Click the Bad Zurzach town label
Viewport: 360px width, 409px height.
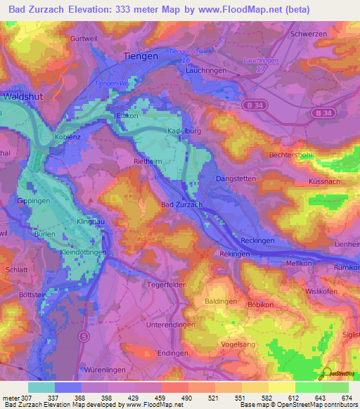tap(182, 204)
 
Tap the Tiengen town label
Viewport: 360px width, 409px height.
tap(139, 56)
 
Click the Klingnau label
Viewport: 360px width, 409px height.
tap(90, 221)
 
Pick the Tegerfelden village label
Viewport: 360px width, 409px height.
tap(166, 285)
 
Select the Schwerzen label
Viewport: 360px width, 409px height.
tap(309, 33)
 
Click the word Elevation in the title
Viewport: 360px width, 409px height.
tap(103, 11)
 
